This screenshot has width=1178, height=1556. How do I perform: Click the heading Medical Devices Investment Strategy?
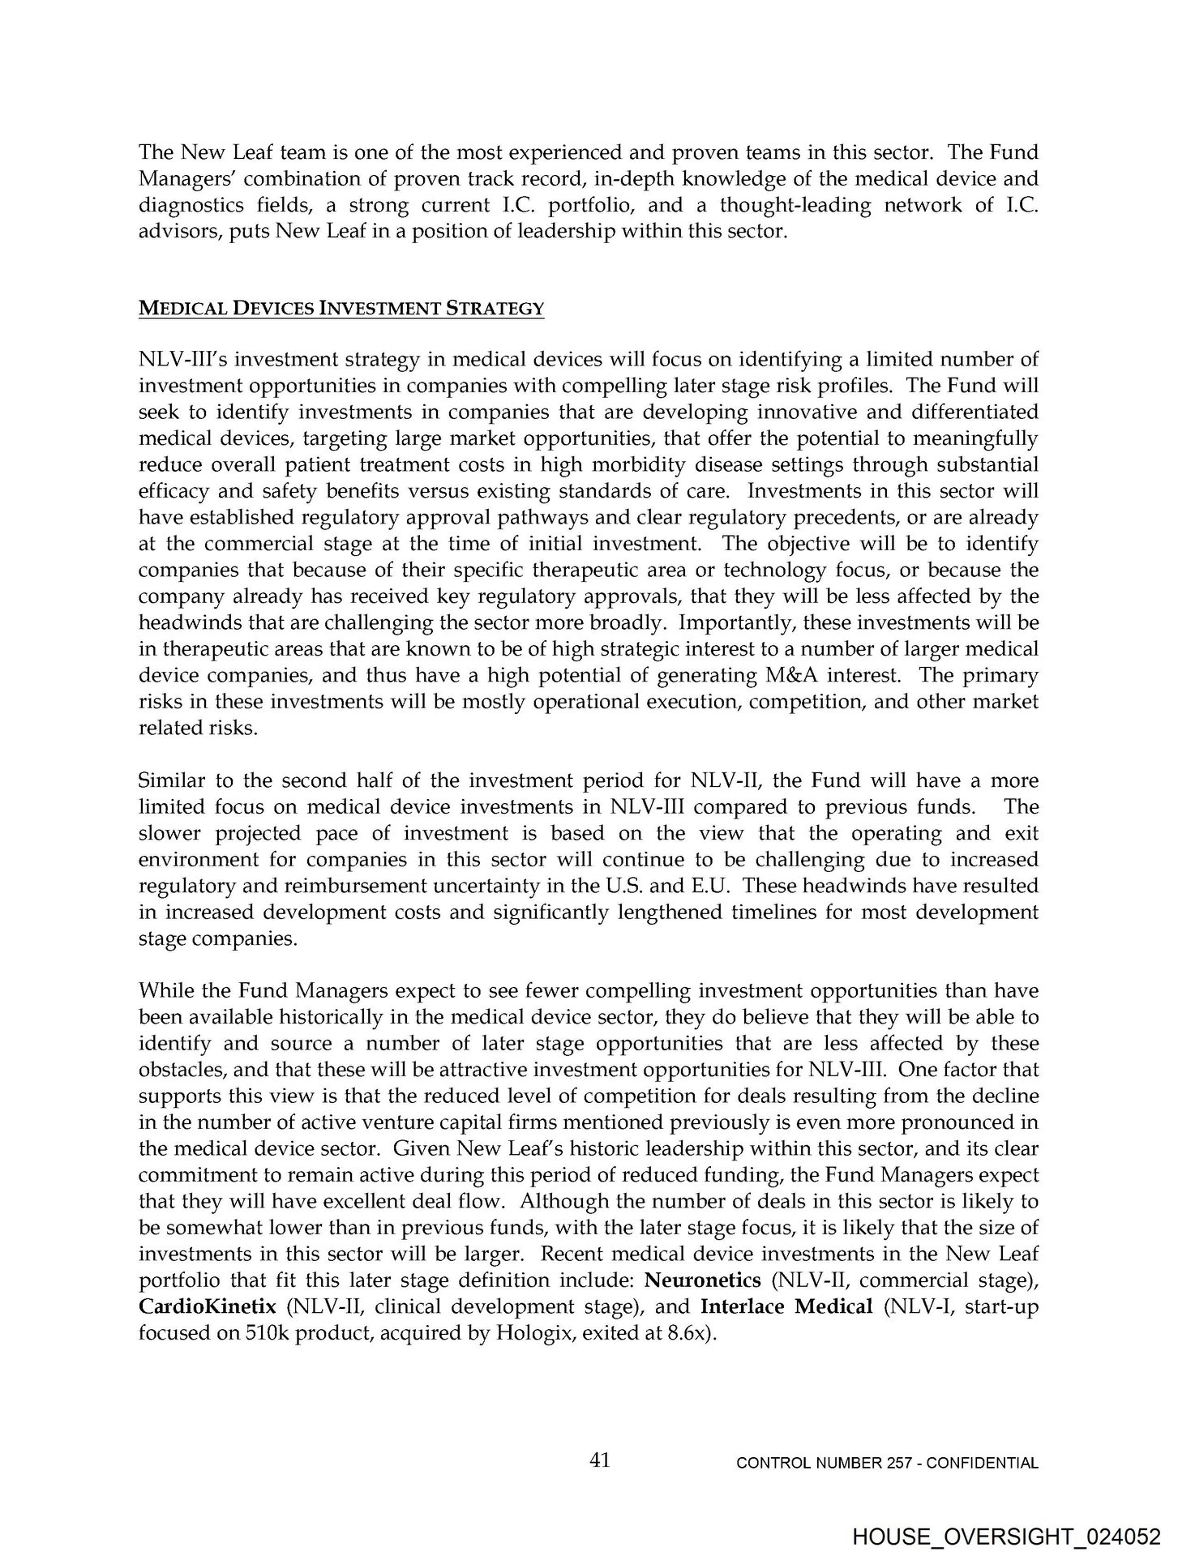coord(341,309)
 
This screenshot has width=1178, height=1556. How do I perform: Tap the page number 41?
coord(600,1460)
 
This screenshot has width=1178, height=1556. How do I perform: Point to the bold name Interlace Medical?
coord(786,1306)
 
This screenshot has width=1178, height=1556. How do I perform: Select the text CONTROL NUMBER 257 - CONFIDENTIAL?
coord(887,1464)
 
